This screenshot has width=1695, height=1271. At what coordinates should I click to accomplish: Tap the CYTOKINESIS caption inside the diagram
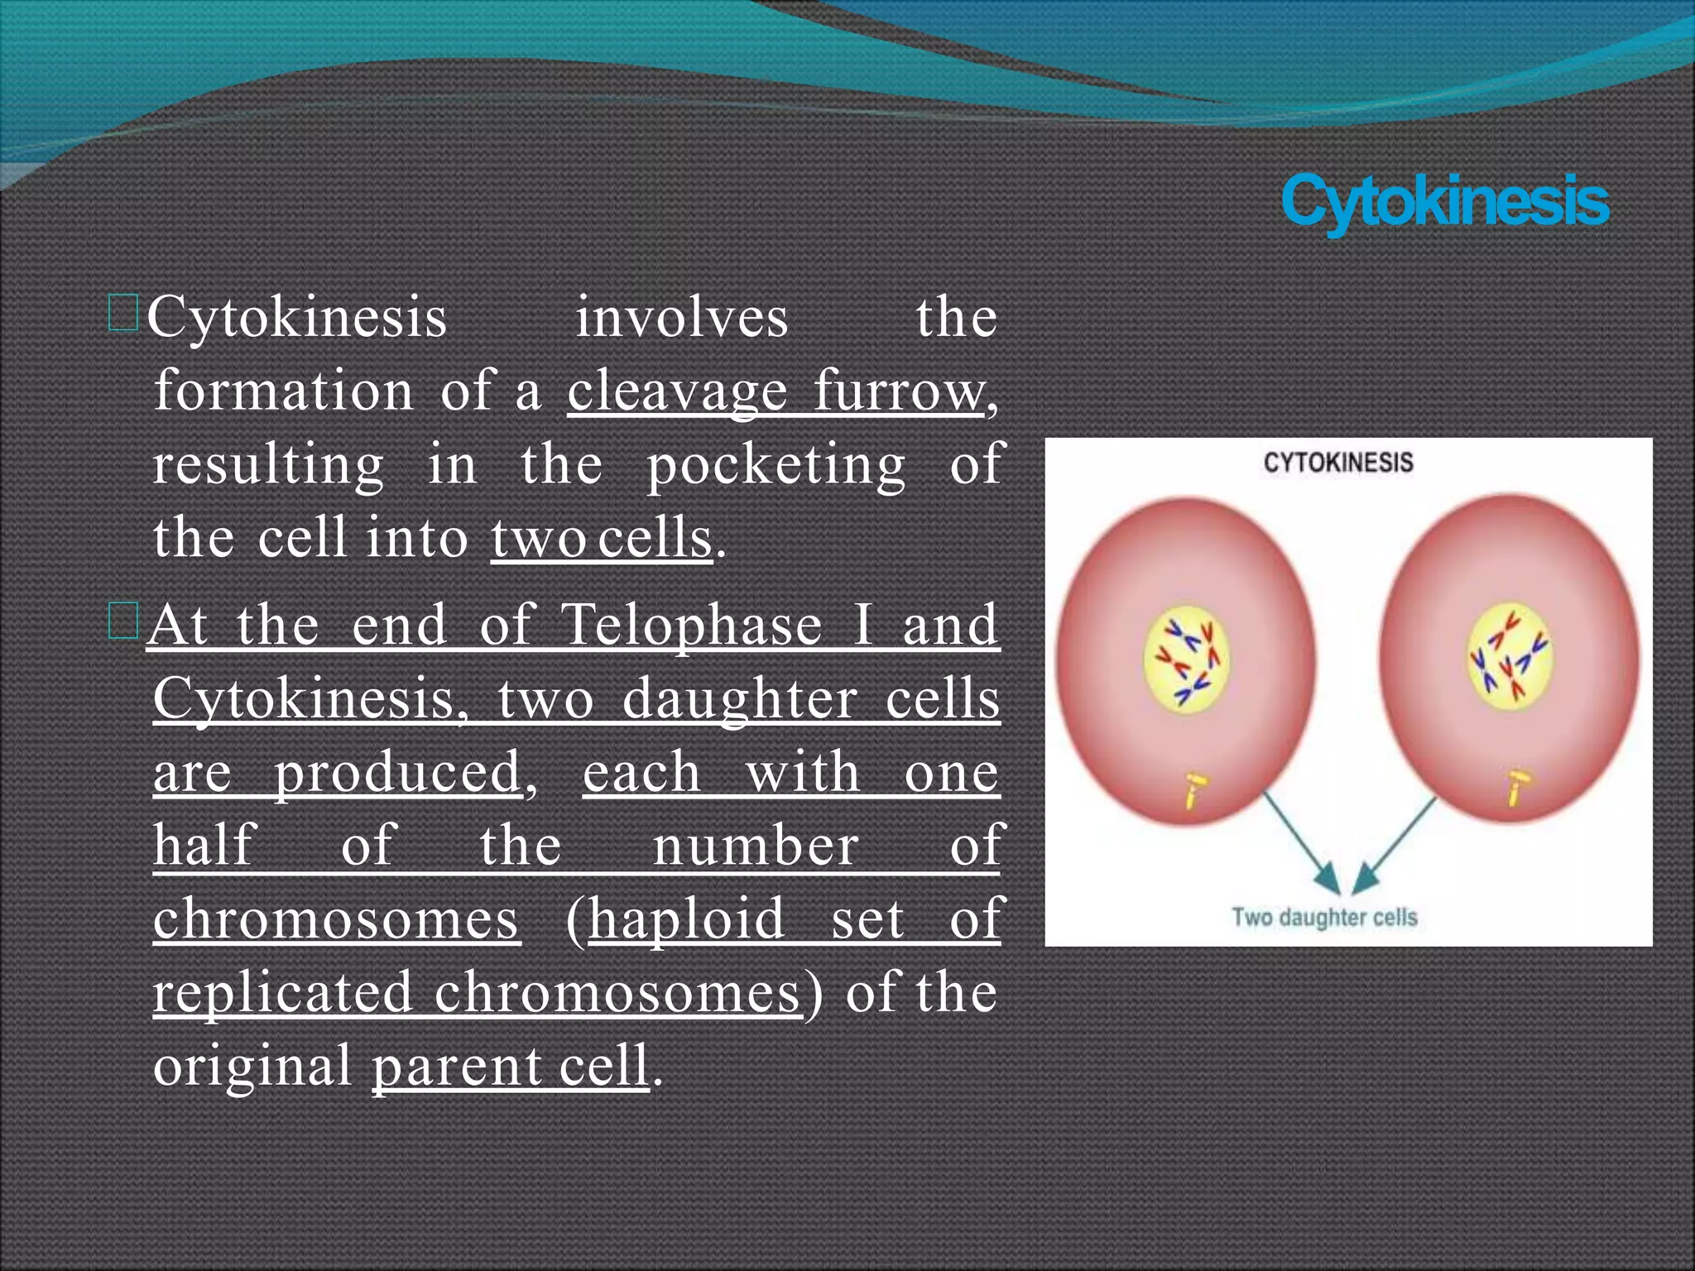tap(1337, 463)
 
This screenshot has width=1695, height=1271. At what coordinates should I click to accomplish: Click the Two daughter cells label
tap(1324, 917)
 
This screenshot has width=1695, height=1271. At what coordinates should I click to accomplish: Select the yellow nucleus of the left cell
tap(1186, 660)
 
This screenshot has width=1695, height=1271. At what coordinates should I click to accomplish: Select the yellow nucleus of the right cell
tap(1510, 659)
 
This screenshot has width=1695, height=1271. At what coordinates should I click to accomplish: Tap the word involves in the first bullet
tap(681, 318)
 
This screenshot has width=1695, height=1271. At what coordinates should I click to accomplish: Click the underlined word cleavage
tap(677, 391)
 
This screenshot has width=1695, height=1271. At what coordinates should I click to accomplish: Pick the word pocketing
tap(775, 465)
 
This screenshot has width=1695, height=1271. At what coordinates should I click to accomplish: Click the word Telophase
tap(691, 625)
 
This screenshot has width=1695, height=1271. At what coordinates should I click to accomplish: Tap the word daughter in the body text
tap(739, 699)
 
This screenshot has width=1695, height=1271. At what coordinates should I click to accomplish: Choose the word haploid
tap(686, 919)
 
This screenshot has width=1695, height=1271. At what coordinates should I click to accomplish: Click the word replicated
tap(282, 992)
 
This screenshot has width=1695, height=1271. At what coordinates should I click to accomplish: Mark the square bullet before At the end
tap(123, 621)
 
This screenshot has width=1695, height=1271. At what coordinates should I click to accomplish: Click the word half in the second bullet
tap(204, 846)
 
